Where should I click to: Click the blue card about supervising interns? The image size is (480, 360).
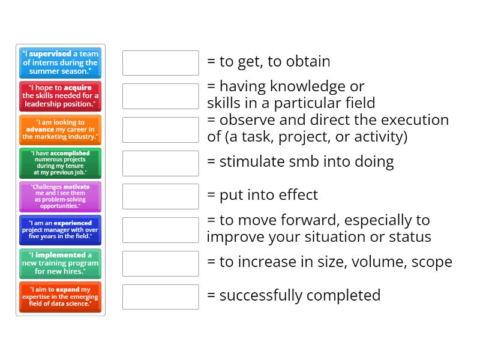60,62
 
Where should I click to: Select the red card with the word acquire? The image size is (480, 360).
60,96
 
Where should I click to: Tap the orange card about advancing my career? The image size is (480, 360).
60,130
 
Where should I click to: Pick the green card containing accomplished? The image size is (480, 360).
60,163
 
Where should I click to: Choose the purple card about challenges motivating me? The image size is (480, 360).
60,197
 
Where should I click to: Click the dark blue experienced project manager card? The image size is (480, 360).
60,230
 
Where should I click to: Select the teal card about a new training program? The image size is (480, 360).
60,263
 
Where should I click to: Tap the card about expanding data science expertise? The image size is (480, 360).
60,297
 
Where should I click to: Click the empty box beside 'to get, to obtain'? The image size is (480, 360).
160,63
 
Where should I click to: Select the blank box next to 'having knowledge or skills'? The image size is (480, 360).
160,96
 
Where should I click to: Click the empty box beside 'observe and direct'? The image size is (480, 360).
160,130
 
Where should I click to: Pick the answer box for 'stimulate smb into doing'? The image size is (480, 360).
160,163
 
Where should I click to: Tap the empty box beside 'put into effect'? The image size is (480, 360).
160,196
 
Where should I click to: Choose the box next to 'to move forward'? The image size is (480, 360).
160,230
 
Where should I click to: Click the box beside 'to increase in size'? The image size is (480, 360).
160,263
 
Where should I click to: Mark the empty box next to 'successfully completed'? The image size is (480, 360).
160,296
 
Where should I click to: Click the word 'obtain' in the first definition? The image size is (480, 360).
307,61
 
